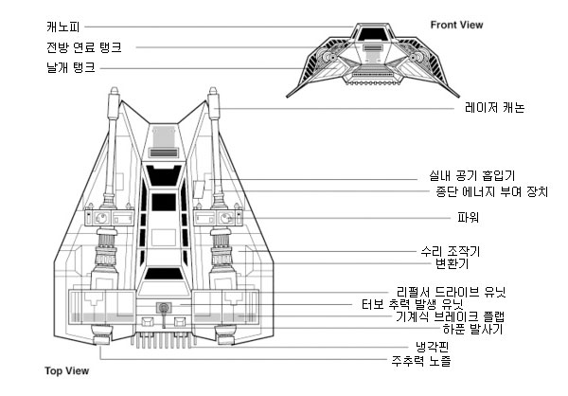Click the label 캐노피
[x=63, y=27]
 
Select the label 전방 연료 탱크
[x=84, y=47]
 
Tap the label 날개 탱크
[x=71, y=67]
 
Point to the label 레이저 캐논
[x=495, y=108]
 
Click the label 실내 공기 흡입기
[x=472, y=176]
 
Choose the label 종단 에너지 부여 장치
[x=492, y=191]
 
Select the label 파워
[x=469, y=217]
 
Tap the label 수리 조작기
[x=451, y=251]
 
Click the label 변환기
[x=453, y=263]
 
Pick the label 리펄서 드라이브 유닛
[x=452, y=292]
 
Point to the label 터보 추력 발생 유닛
[x=413, y=304]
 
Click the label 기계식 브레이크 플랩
[x=450, y=316]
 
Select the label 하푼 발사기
[x=472, y=329]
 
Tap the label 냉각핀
[x=433, y=347]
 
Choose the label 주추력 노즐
[x=421, y=361]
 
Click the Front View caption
[x=457, y=25]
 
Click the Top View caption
[x=67, y=370]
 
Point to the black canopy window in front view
[x=373, y=34]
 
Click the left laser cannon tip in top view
[x=115, y=90]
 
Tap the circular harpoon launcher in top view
[x=164, y=308]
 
